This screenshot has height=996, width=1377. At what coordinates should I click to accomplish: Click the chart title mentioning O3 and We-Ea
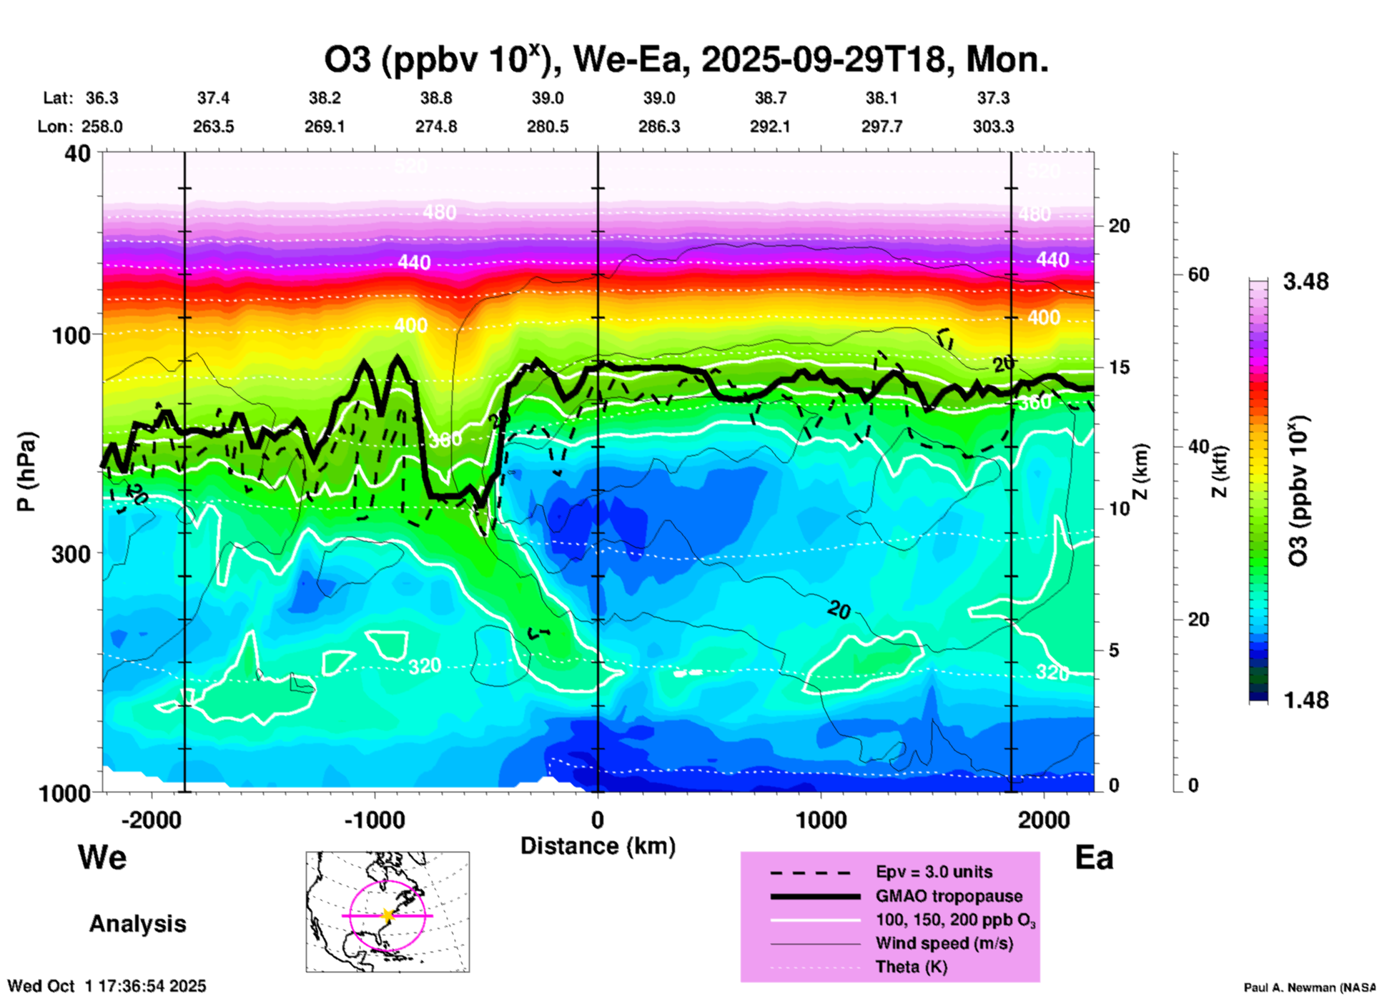686,60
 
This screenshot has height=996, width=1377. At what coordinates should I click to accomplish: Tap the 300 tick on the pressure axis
71,553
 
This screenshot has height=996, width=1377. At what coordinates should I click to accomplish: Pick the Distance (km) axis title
598,846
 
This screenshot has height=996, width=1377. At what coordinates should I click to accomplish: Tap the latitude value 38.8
436,98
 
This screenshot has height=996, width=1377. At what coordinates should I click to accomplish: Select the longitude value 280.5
548,126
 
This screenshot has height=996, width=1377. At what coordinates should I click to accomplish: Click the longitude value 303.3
993,126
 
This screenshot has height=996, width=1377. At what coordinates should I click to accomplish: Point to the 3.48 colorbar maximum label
1306,282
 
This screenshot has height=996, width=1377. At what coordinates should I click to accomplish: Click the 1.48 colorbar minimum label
1306,700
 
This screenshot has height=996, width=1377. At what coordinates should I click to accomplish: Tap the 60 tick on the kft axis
1198,274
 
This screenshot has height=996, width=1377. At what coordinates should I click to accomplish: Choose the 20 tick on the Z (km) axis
1119,226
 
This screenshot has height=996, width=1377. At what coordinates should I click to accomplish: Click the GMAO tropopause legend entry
949,896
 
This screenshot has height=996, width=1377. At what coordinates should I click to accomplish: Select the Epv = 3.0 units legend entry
934,872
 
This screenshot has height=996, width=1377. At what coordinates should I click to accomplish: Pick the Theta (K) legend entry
911,967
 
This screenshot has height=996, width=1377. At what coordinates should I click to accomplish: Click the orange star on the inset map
388,915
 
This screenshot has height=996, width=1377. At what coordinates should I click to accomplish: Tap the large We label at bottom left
102,857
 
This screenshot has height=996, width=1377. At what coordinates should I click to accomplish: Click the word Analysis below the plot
137,924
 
